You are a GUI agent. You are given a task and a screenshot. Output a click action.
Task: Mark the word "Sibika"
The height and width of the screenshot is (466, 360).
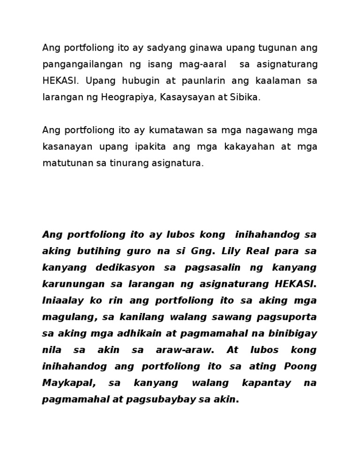tap(245, 97)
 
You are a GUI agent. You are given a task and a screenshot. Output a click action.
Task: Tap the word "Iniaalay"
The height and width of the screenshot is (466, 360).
tap(61, 301)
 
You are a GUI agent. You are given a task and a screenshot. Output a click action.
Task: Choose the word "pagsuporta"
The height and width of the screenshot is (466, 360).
tap(286, 317)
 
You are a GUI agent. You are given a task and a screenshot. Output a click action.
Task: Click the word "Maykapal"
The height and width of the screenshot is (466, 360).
tap(69, 383)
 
